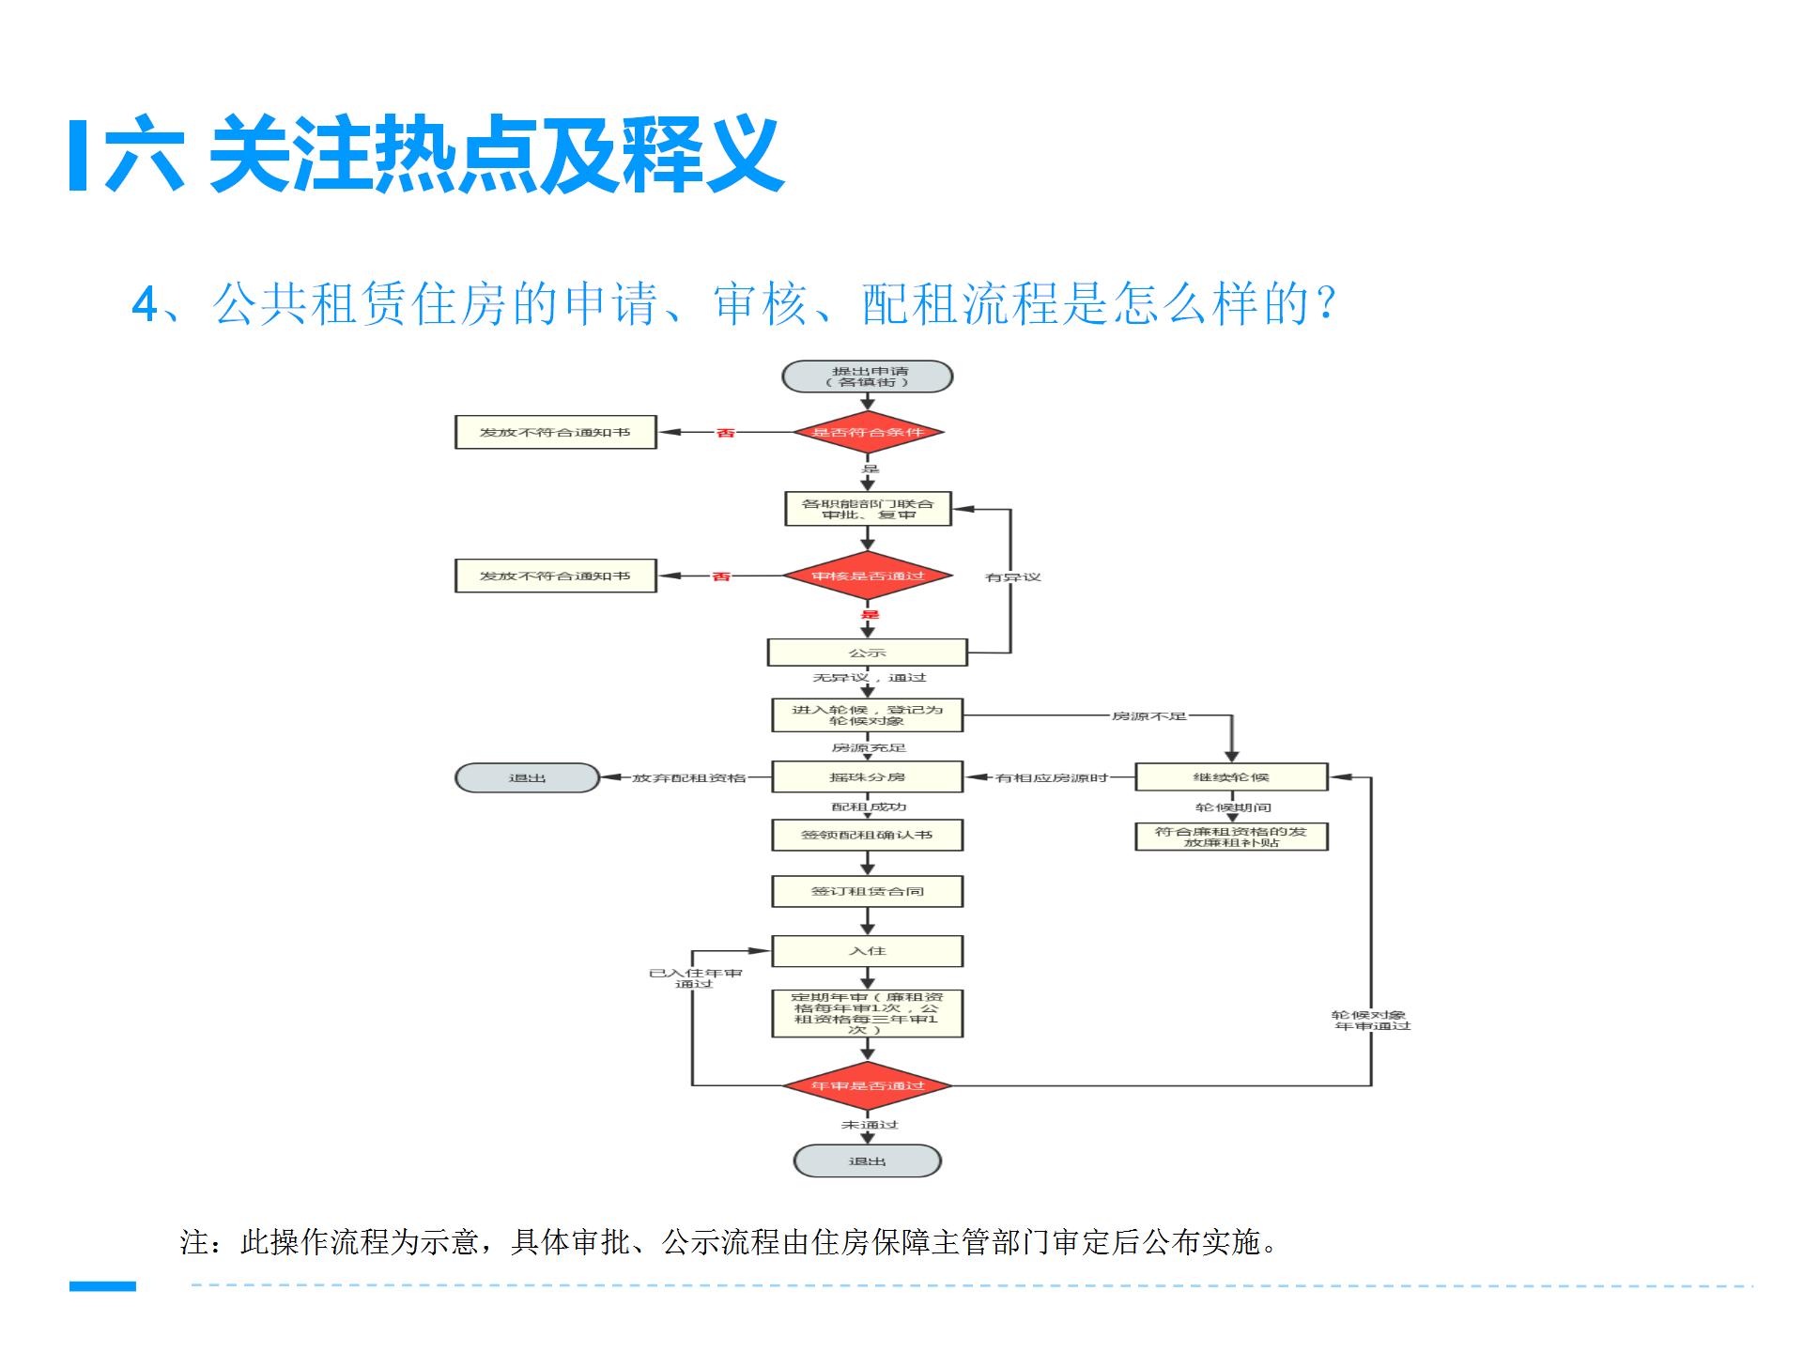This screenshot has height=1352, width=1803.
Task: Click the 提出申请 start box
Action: (868, 376)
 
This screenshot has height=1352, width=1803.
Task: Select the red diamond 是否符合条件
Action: (868, 433)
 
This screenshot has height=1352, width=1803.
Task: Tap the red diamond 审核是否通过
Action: (868, 576)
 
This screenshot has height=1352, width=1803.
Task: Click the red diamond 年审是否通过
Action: (868, 1085)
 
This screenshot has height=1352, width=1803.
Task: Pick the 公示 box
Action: (868, 653)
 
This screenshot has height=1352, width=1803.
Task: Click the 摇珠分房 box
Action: (868, 777)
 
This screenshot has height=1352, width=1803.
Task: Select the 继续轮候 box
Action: (1231, 777)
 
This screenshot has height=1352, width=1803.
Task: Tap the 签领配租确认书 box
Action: (868, 835)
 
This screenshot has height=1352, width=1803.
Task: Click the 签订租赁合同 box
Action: (868, 891)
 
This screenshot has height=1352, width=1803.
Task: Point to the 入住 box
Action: (868, 951)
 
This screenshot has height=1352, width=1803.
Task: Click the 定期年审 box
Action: (868, 1014)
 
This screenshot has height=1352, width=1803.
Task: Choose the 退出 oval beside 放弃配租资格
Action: (527, 777)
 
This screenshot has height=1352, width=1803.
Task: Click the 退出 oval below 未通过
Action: (868, 1161)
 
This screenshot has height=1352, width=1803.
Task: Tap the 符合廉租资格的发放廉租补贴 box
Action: (1231, 837)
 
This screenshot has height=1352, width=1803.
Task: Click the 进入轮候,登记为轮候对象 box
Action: (868, 715)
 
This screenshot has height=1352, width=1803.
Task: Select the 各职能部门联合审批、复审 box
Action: (868, 509)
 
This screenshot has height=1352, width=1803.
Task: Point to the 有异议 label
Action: (1013, 576)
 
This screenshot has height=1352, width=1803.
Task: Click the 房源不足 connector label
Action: (1149, 716)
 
